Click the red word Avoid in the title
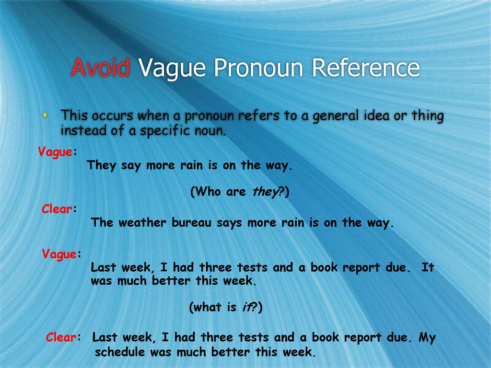pos(101,67)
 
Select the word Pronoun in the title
pos(258,67)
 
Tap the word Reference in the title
pos(366,67)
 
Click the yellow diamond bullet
pos(45,115)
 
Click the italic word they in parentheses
pos(265,192)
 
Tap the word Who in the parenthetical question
pos(208,191)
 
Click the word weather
pos(142,222)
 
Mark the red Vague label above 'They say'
pos(55,152)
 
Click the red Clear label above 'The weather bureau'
pos(57,209)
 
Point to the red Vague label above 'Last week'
pos(59,254)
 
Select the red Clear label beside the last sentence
pos(61,337)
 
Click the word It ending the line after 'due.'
pos(427,267)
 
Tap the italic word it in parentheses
pos(246,307)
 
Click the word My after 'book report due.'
pos(427,338)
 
